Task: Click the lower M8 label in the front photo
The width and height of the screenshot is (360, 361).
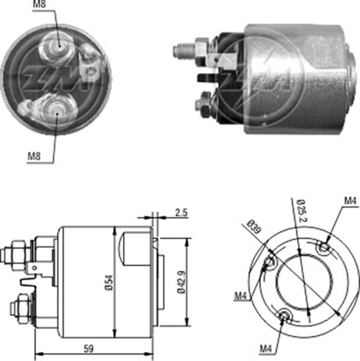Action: (x=36, y=157)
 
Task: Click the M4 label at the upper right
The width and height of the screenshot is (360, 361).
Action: (x=350, y=200)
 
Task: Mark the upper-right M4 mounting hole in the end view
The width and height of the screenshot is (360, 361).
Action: (x=325, y=247)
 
